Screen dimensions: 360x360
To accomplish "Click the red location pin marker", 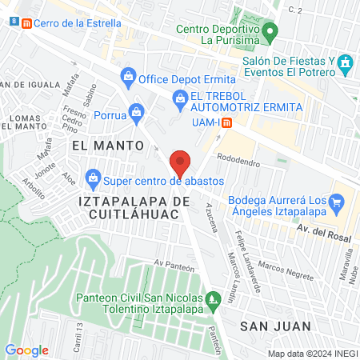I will [181, 162].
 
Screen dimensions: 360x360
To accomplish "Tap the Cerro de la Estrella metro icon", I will [29, 23].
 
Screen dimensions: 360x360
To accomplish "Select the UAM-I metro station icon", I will [227, 123].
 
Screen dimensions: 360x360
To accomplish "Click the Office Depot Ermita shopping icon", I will [127, 78].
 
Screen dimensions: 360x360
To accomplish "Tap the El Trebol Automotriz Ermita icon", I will [179, 100].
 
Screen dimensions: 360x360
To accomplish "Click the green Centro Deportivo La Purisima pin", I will [270, 33].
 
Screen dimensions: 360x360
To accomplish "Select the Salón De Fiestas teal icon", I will [345, 62].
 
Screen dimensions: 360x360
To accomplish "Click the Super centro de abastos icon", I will [94, 176].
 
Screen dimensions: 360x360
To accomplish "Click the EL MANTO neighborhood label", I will [107, 146].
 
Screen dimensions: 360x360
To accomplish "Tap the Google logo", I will [26, 350].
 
